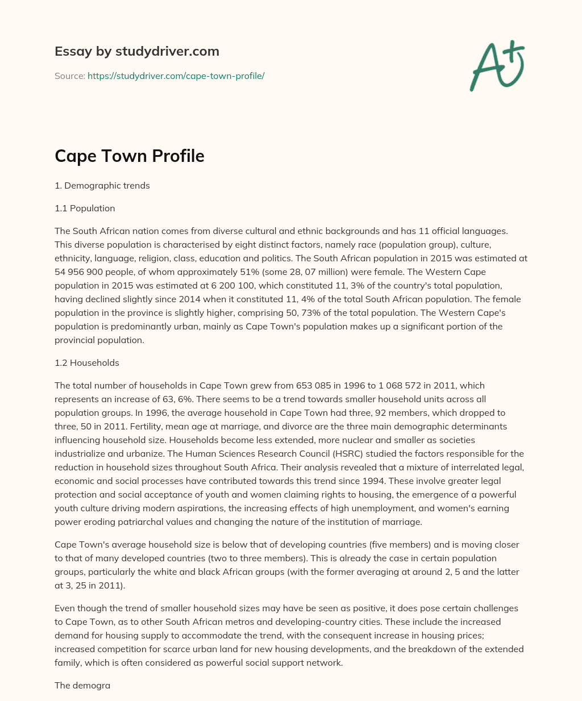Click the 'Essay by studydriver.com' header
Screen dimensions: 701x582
coord(136,51)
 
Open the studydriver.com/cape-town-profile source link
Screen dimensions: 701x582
coord(176,76)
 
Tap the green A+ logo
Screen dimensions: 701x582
coord(497,65)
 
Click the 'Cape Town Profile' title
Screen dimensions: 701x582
coord(129,156)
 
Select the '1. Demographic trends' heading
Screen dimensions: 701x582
coord(102,186)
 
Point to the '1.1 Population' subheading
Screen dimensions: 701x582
coord(85,208)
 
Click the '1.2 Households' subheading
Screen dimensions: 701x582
coord(87,362)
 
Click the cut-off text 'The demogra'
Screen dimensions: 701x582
coord(82,685)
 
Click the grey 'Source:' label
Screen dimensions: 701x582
coord(69,76)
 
